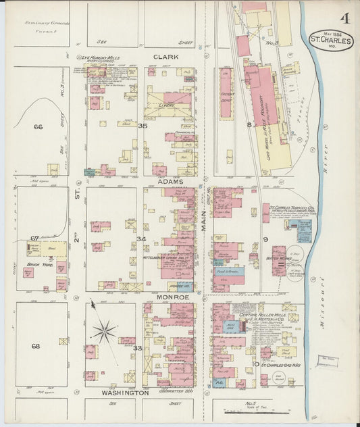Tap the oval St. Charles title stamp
pos(331,41)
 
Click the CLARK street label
pos(165,57)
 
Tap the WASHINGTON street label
pos(125,393)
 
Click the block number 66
pos(38,126)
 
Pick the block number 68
pos(36,347)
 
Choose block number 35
pos(142,126)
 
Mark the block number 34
pos(141,239)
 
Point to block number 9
pos(265,239)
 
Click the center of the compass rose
pos(104,331)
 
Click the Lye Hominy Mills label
pos(99,58)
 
